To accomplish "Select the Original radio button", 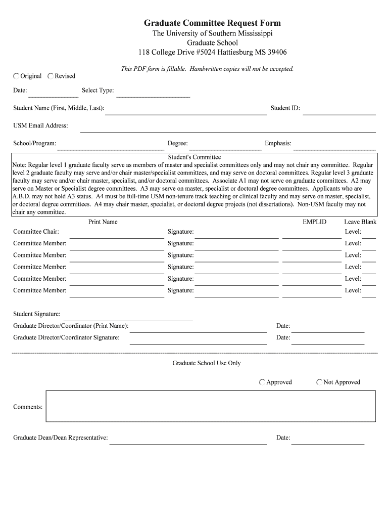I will point(17,76).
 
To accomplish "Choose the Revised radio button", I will point(51,76).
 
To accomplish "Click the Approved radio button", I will point(262,382).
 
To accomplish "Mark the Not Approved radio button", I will point(319,382).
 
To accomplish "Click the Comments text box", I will point(211,406).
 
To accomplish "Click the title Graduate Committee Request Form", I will point(212,23).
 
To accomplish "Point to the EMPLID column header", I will point(314,222).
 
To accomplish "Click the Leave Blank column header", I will point(360,222).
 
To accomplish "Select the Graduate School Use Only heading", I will point(207,363).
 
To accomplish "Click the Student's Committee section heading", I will point(194,157).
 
